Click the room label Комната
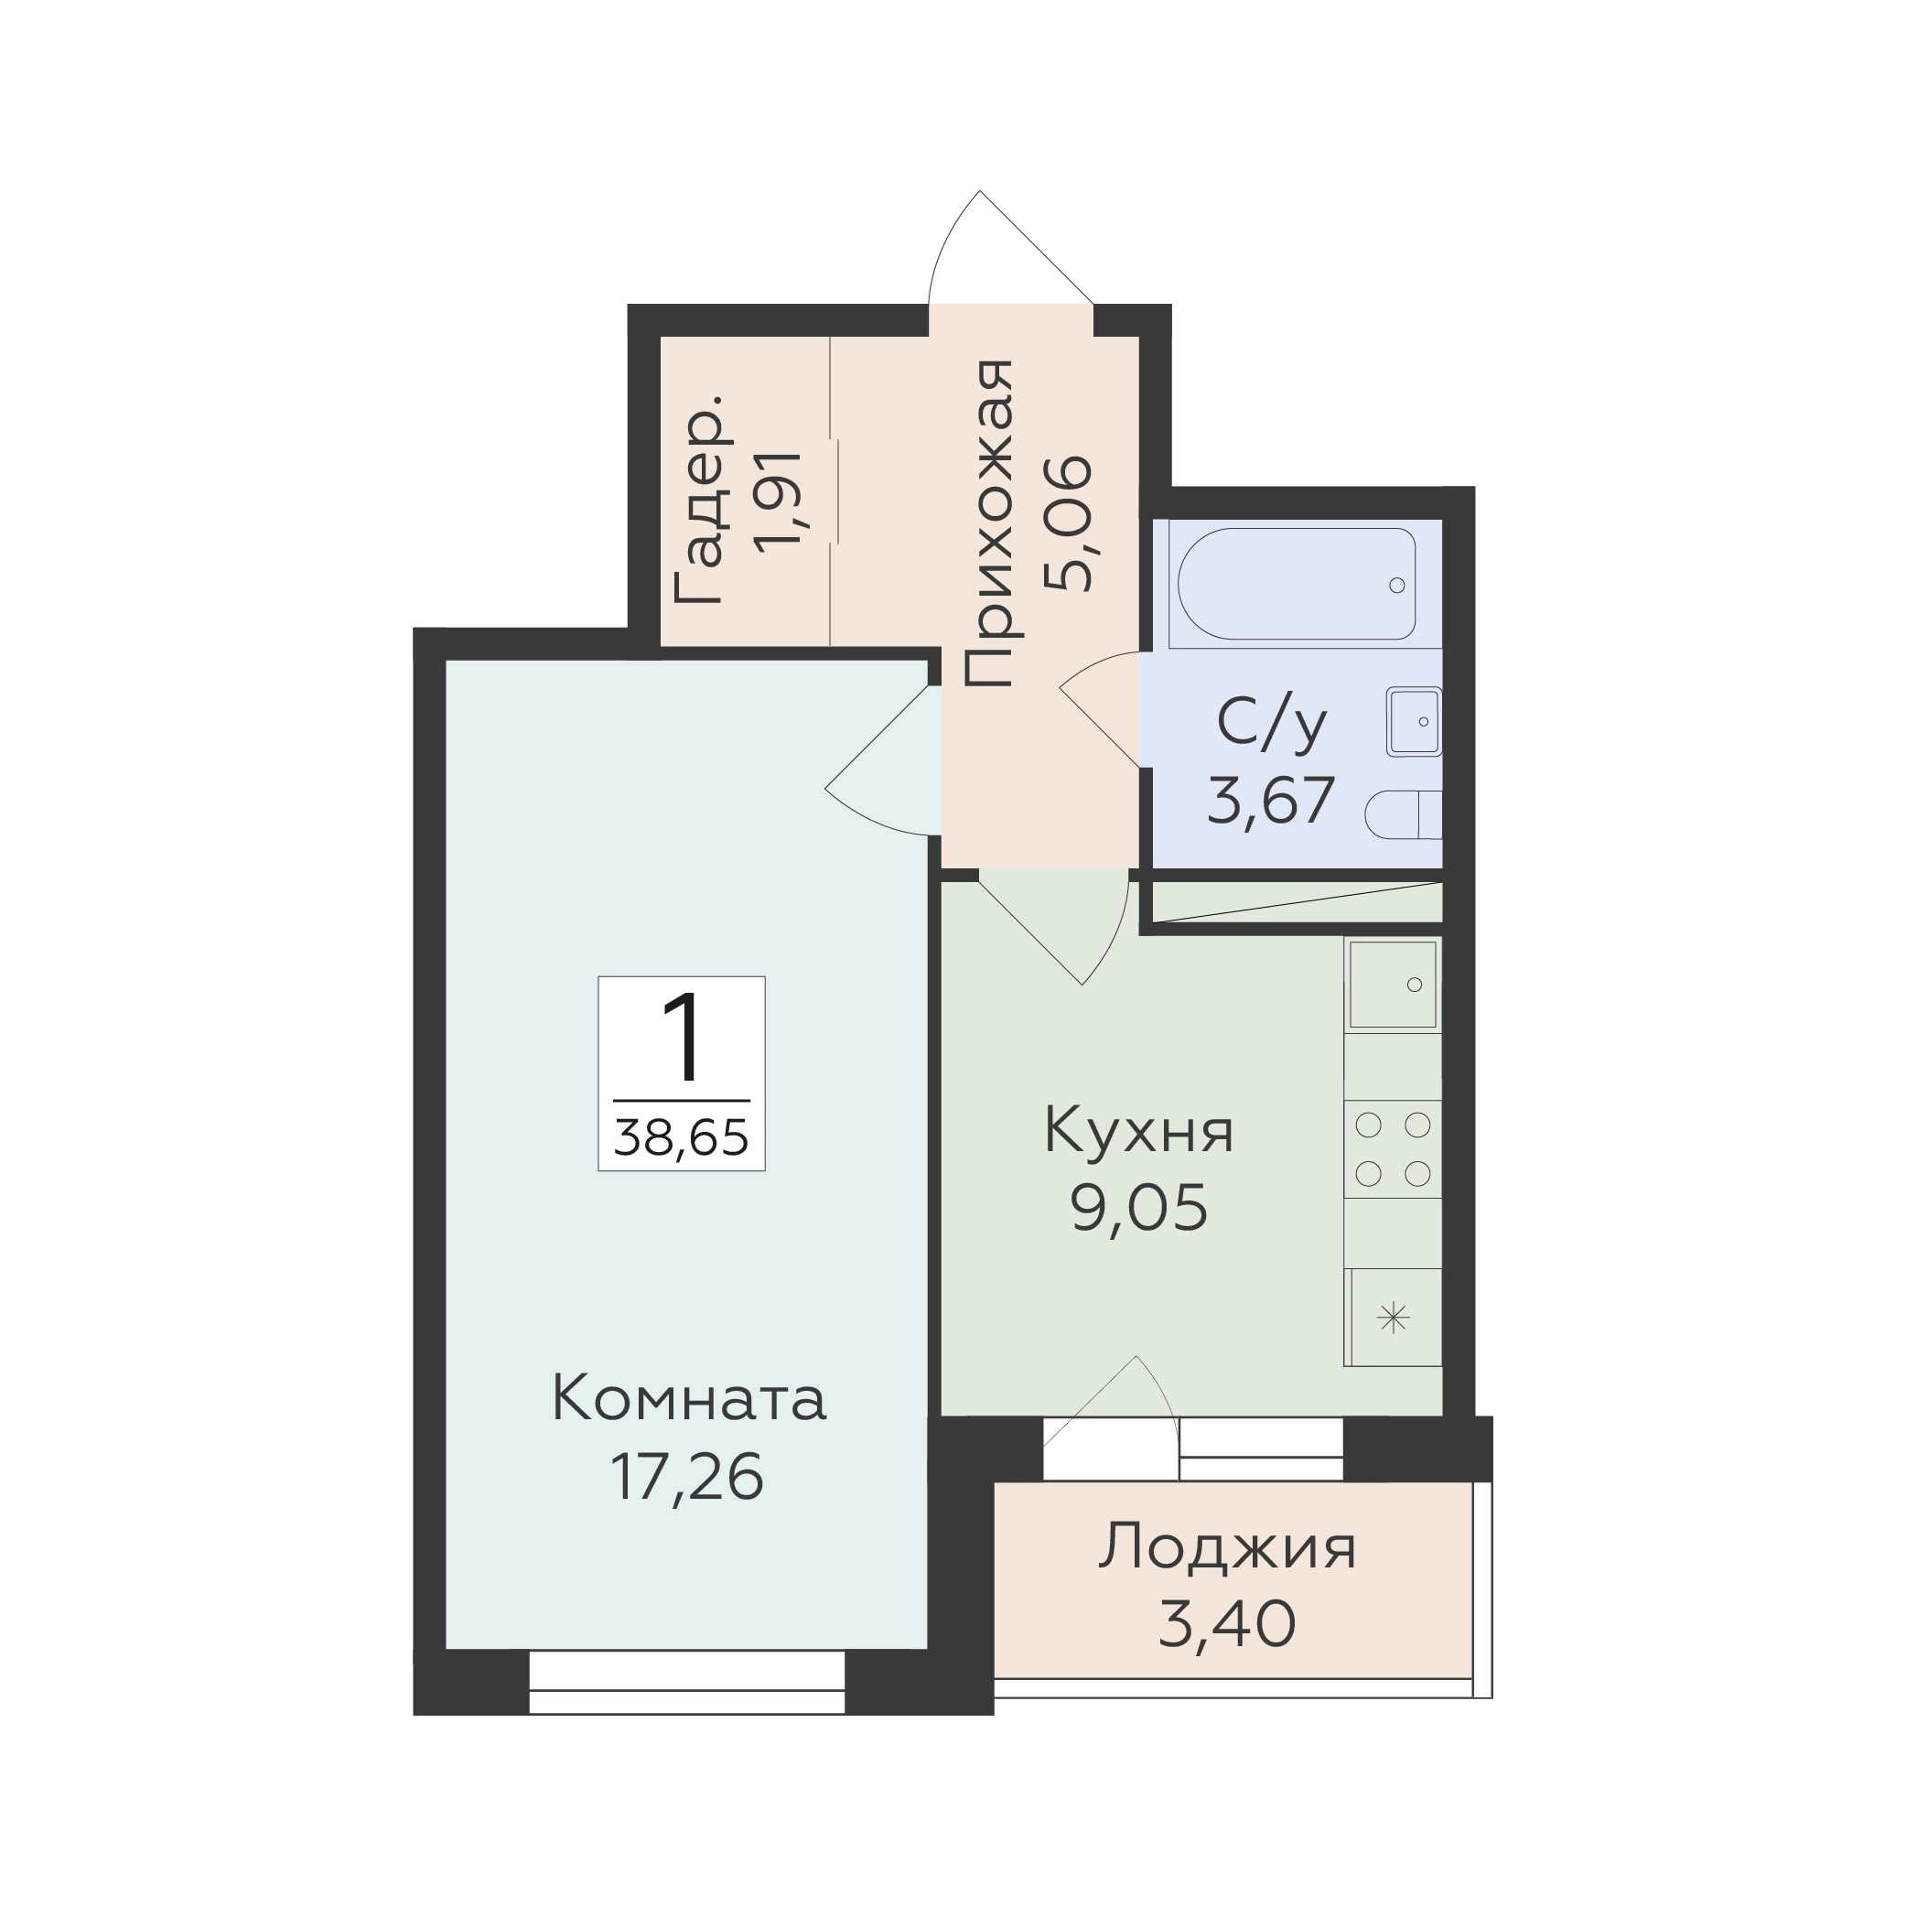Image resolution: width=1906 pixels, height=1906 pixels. [689, 1400]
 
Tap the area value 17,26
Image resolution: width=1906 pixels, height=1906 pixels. [687, 1478]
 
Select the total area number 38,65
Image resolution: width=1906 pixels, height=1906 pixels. [682, 1137]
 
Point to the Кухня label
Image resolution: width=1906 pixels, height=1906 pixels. [1138, 1131]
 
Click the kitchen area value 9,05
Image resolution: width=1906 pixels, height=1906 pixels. [1139, 1209]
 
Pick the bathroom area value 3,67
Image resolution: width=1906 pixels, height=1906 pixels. [1272, 800]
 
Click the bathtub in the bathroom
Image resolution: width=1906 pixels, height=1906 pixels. [1297, 584]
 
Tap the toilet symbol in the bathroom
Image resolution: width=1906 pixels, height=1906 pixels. [1403, 815]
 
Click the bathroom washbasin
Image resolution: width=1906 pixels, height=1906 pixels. [1414, 721]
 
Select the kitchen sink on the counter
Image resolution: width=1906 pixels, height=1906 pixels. [1392, 985]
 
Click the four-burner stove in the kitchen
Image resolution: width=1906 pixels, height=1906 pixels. [1392, 1149]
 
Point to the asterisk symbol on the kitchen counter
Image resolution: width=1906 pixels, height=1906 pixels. [1393, 1318]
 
